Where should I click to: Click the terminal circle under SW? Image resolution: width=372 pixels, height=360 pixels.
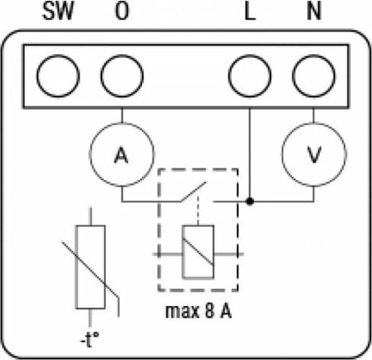click(x=58, y=76)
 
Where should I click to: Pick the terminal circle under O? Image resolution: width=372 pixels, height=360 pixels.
click(x=122, y=76)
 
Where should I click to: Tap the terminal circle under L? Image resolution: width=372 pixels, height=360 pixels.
click(x=250, y=76)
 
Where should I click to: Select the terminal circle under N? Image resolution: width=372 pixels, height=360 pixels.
click(x=313, y=76)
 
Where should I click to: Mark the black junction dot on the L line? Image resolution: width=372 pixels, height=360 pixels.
click(x=250, y=201)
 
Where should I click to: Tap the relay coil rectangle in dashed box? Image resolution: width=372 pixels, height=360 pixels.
click(x=198, y=252)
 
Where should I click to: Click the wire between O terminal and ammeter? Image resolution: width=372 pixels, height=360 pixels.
click(x=122, y=115)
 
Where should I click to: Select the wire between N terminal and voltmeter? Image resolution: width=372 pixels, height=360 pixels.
click(x=313, y=115)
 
